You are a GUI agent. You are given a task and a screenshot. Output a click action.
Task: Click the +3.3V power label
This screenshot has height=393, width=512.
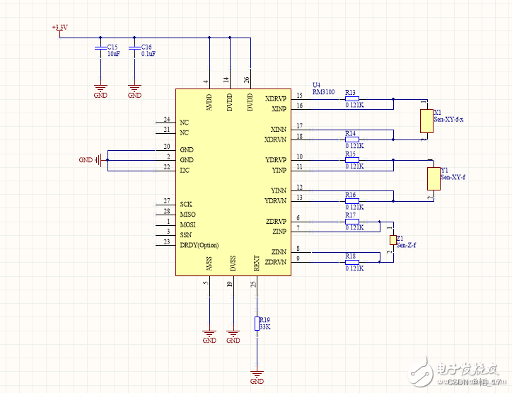pyautogui.click(x=59, y=28)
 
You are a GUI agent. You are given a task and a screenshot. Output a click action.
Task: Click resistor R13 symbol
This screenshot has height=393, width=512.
pyautogui.click(x=351, y=98)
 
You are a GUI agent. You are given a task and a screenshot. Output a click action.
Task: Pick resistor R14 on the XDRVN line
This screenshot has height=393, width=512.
pyautogui.click(x=351, y=139)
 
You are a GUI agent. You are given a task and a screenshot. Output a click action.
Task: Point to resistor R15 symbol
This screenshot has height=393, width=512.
pyautogui.click(x=351, y=159)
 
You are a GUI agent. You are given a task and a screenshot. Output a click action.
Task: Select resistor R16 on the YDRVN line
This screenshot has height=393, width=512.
pyautogui.click(x=351, y=200)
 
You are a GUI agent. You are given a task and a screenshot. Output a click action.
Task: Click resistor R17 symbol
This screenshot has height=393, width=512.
pyautogui.click(x=351, y=221)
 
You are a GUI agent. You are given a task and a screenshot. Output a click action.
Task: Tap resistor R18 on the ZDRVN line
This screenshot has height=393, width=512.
pyautogui.click(x=351, y=262)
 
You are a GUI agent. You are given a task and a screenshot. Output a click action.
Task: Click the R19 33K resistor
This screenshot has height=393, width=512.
pyautogui.click(x=257, y=324)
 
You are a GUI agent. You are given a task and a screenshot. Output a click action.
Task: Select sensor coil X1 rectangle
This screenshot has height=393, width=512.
pyautogui.click(x=426, y=120)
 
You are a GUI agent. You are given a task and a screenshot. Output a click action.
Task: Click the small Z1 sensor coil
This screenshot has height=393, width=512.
pyautogui.click(x=392, y=241)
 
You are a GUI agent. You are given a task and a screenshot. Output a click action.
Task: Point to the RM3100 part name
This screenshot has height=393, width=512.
pyautogui.click(x=323, y=91)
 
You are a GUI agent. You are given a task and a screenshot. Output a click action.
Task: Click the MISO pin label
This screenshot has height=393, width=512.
pyautogui.click(x=188, y=215)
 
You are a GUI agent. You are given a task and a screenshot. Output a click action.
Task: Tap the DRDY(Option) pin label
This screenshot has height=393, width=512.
pyautogui.click(x=199, y=245)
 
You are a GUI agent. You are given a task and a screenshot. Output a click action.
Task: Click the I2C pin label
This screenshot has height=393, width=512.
pyautogui.click(x=185, y=170)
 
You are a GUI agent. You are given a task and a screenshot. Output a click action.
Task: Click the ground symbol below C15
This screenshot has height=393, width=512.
pyautogui.click(x=100, y=91)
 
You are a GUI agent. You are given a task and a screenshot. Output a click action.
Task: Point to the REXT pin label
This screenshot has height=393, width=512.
pyautogui.click(x=257, y=263)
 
